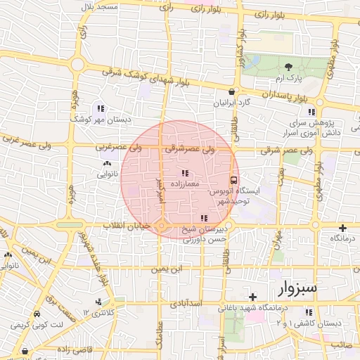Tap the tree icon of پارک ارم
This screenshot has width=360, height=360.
pos(287,62)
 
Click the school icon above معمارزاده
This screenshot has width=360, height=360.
pos(184,173)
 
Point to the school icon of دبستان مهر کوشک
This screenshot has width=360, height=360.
pos(101,109)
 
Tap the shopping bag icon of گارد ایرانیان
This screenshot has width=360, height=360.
pos(231,92)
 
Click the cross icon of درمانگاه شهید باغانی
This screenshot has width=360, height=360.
pos(253,297)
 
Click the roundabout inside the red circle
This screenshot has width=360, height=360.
pos(162,226)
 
